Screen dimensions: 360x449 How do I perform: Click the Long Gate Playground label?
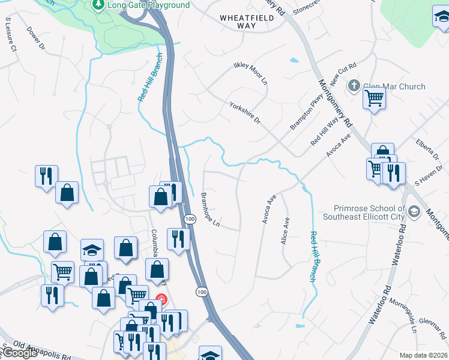click(x=148, y=5)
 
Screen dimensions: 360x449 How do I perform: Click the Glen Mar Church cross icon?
click(x=354, y=86)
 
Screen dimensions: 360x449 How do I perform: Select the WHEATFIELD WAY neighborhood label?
click(x=247, y=22)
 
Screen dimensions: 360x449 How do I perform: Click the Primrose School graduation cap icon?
click(x=414, y=212)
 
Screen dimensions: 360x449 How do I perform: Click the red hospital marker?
click(x=161, y=299)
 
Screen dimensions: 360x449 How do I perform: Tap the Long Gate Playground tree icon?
click(x=98, y=5)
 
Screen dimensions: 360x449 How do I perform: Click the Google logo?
click(x=20, y=353)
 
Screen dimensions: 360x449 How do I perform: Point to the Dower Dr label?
click(x=35, y=37)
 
